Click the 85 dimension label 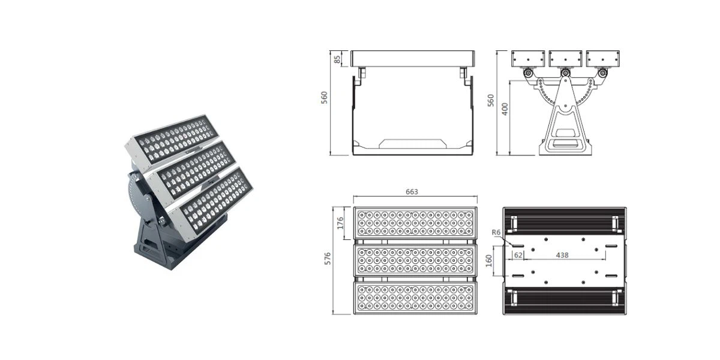point(337,59)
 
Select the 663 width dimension point(412,192)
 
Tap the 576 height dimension point(327,259)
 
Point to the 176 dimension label point(340,223)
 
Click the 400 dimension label point(505,109)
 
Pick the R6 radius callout point(496,232)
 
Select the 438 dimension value point(562,255)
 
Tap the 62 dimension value point(518,255)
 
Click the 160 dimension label point(489,260)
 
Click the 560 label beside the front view point(325,98)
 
